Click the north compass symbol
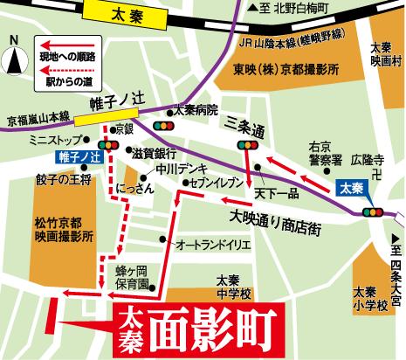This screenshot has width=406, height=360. [x=14, y=59]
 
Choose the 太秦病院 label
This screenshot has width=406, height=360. [x=194, y=111]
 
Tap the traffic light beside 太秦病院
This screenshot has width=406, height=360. [x=162, y=126]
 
